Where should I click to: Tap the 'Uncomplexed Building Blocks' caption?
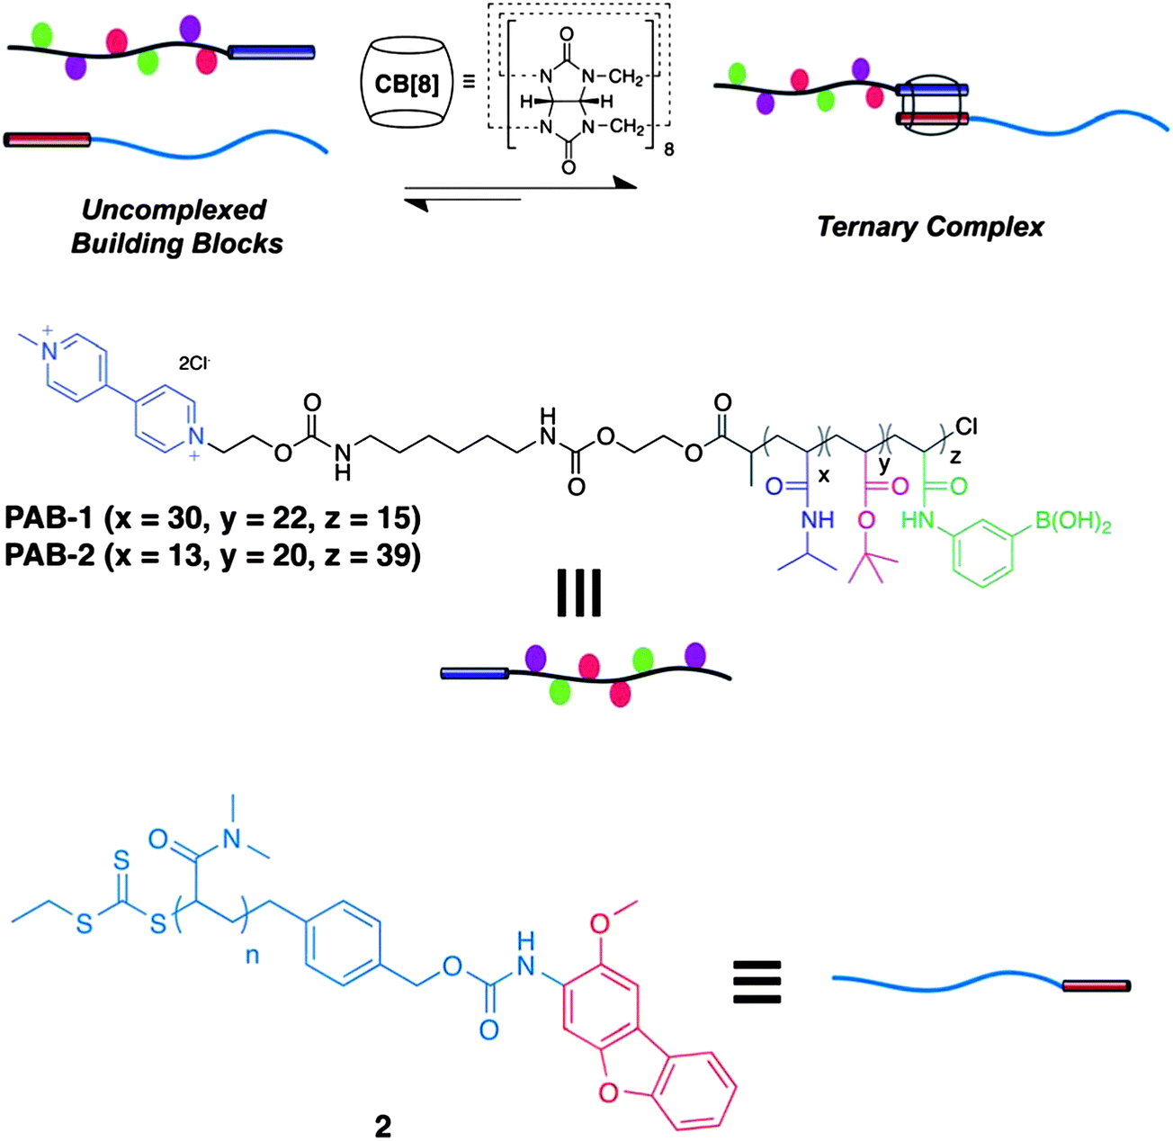[x=176, y=227]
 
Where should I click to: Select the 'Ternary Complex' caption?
[x=930, y=226]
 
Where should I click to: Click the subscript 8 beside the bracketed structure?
[x=668, y=150]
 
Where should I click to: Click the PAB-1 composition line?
[x=212, y=519]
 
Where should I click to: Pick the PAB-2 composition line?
[x=212, y=555]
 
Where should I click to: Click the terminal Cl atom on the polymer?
[x=967, y=426]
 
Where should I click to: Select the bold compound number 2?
[x=383, y=1126]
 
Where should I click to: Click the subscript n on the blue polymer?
[x=253, y=955]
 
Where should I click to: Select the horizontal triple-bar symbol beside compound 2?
[x=756, y=981]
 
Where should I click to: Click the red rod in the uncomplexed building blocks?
[x=48, y=139]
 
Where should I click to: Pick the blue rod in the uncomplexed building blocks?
[x=272, y=52]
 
